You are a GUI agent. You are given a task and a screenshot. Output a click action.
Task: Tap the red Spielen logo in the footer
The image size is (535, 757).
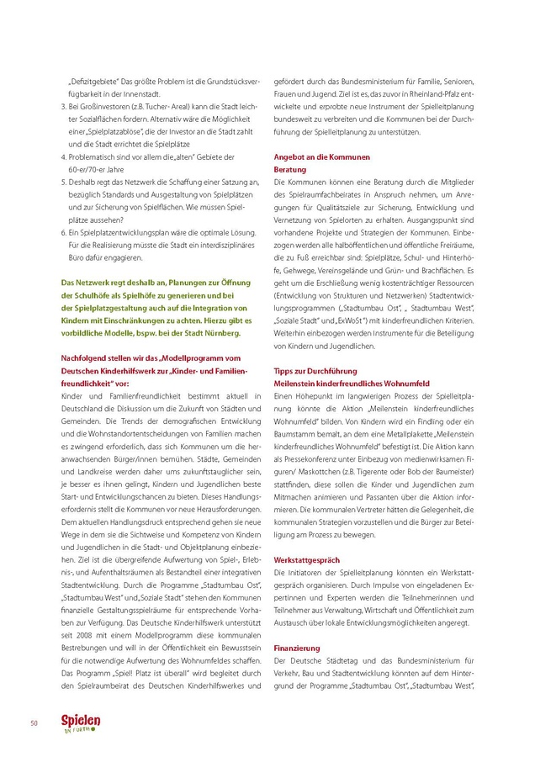pos(81,723)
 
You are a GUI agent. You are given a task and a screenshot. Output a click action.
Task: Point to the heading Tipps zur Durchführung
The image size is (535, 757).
pos(315,371)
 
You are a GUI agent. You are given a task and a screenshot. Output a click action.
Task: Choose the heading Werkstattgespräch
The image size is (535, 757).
pos(307,559)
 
